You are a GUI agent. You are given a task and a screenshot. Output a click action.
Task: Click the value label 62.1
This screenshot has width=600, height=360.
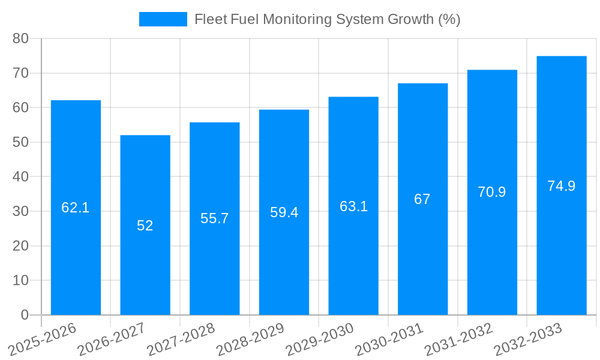(x=76, y=208)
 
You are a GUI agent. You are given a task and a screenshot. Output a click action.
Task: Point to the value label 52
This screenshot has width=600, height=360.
(x=145, y=226)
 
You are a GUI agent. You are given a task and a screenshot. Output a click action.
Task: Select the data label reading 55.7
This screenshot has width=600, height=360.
(x=215, y=218)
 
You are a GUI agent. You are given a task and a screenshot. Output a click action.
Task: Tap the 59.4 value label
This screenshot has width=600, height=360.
(x=284, y=212)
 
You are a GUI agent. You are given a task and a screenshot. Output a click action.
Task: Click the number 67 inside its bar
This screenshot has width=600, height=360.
(x=422, y=199)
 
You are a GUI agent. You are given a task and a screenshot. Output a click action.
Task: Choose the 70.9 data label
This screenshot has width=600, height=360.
(x=492, y=192)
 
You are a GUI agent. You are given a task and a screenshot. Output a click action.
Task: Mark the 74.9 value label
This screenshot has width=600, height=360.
(x=562, y=186)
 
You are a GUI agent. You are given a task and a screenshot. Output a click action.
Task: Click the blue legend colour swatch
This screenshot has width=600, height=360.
(x=163, y=19)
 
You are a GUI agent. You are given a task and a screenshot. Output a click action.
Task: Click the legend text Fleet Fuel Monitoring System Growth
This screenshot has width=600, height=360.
(x=327, y=19)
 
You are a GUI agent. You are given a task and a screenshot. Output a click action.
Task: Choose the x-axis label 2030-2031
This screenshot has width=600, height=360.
(x=389, y=339)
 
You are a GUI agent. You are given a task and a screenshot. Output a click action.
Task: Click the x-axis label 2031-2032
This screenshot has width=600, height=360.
(x=459, y=339)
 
